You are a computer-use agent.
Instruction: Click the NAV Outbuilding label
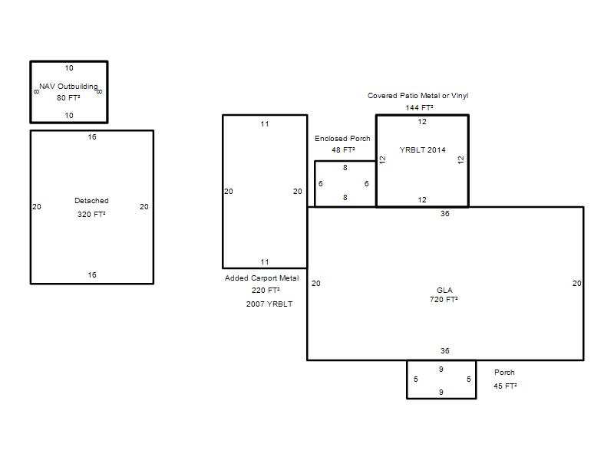[x=68, y=87]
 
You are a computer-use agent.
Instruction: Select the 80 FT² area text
[x=68, y=98]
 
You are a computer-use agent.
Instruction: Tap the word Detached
[x=91, y=201]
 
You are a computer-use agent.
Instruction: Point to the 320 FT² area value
[x=91, y=215]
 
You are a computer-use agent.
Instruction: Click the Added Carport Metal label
[x=262, y=278]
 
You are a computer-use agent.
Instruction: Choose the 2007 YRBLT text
[x=269, y=304]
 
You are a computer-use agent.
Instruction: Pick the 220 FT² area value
[x=266, y=291]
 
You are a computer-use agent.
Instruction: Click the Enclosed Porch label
[x=342, y=139]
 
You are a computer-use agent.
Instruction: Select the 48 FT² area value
[x=343, y=149]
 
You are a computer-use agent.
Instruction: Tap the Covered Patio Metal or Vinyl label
[x=418, y=95]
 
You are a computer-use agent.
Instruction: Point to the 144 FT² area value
[x=419, y=107]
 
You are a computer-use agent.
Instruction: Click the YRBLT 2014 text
[x=423, y=149]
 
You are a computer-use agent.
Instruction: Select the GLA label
[x=444, y=291]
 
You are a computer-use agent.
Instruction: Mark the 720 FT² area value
[x=444, y=300]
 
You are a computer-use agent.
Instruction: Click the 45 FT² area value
[x=505, y=386]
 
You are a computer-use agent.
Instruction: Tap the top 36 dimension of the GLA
[x=445, y=214]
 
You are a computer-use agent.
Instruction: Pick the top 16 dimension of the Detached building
[x=92, y=137]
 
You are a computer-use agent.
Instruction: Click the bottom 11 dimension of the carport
[x=265, y=262]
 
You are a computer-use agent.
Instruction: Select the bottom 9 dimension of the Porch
[x=441, y=392]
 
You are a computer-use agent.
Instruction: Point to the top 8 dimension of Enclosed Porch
[x=345, y=168]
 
